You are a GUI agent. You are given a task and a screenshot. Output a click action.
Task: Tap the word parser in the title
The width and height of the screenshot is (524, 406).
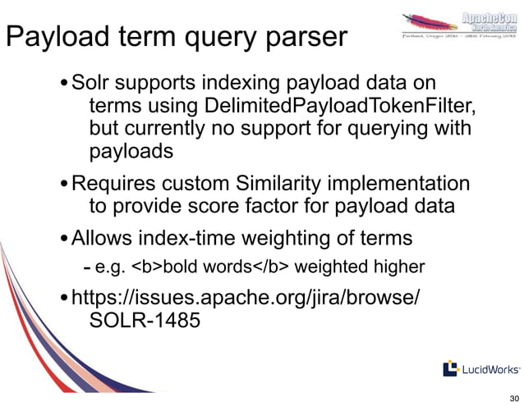(305, 39)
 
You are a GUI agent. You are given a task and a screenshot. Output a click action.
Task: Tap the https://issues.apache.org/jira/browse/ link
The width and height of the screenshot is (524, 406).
(246, 297)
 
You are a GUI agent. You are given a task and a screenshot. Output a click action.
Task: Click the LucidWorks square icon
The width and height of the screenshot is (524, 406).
(450, 369)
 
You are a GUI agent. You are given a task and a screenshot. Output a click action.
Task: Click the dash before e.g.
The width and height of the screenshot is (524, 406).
(88, 268)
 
